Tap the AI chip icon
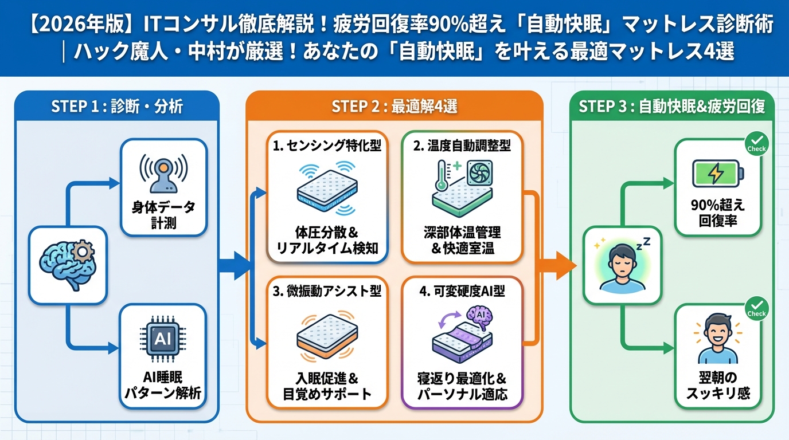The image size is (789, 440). point(163,339)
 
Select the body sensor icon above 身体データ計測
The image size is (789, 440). point(163,170)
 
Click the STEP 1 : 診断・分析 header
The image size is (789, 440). point(117,106)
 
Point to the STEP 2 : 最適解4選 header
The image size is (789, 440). point(394,106)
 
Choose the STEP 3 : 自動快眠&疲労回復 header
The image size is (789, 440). point(671,106)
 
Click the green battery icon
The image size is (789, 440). point(717,174)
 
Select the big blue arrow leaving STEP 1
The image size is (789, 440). point(235,266)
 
